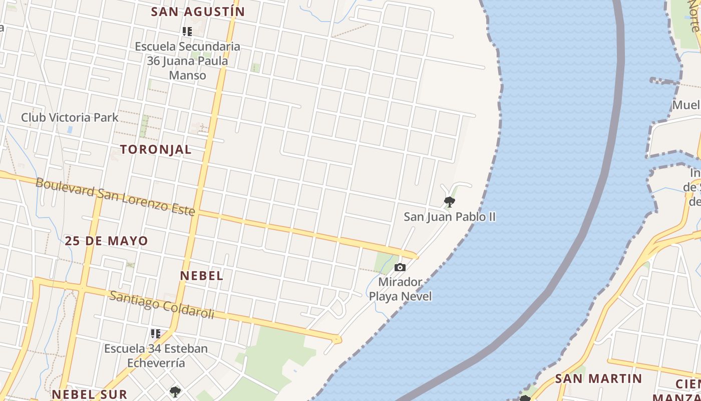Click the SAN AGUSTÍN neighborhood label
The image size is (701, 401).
click(198, 12)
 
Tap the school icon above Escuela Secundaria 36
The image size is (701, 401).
click(187, 32)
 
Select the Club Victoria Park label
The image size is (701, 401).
click(70, 118)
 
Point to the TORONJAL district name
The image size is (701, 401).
click(156, 149)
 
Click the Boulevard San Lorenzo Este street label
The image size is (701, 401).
click(115, 196)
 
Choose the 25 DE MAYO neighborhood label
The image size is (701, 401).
click(106, 241)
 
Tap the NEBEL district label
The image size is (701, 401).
click(202, 275)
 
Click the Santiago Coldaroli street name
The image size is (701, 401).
click(162, 305)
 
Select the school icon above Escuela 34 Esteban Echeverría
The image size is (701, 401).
click(156, 333)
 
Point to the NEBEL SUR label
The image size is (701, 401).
click(89, 394)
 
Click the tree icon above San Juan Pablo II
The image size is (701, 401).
click(449, 202)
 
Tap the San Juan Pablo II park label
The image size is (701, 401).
click(450, 217)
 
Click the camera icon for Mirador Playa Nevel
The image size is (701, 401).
click(400, 267)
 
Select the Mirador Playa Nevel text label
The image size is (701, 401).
click(400, 289)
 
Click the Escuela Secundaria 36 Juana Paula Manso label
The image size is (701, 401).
click(187, 61)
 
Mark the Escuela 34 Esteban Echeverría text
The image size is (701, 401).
click(156, 355)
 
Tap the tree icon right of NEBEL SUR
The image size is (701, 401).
click(175, 391)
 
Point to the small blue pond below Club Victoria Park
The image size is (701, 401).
click(70, 129)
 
